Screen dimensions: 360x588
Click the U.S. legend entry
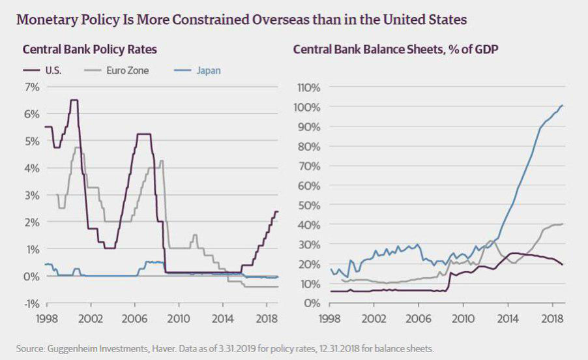51,70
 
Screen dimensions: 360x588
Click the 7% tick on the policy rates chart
31,87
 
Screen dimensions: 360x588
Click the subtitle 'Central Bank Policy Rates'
90,50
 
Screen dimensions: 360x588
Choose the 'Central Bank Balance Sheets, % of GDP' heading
396,50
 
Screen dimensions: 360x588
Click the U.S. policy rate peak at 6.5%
74,100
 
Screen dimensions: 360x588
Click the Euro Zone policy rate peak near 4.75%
77,147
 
